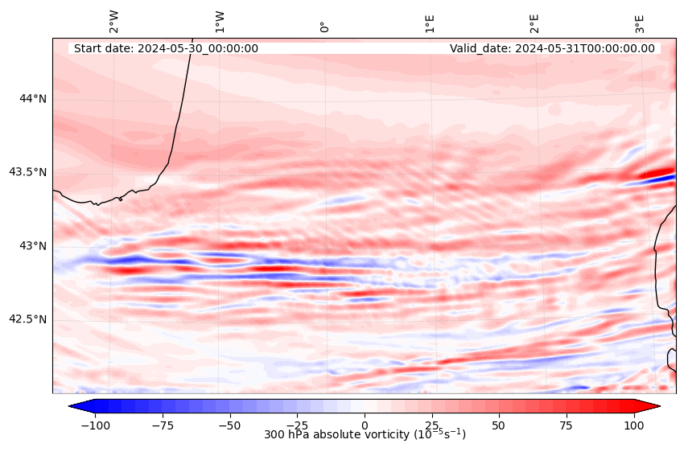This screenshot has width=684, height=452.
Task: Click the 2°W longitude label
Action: click(x=113, y=22)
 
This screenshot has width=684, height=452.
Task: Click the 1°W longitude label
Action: click(x=219, y=22)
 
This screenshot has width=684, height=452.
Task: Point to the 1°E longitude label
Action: click(x=430, y=23)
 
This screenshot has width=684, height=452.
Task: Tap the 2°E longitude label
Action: click(x=534, y=23)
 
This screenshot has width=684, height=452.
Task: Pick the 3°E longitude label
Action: click(x=640, y=23)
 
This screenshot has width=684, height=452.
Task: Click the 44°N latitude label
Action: click(x=33, y=98)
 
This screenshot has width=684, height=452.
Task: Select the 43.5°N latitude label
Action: click(x=27, y=172)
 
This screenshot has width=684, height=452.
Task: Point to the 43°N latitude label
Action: click(x=33, y=245)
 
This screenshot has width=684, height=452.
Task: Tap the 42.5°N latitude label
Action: click(x=27, y=319)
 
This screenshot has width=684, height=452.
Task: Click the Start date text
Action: click(x=166, y=48)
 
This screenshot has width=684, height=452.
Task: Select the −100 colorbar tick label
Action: click(x=94, y=424)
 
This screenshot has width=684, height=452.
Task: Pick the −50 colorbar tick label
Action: click(x=229, y=424)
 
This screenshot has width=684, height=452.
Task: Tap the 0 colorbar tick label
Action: click(x=365, y=424)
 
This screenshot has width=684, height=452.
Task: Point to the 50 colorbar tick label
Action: click(x=499, y=424)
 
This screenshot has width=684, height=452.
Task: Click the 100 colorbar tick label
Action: click(x=634, y=424)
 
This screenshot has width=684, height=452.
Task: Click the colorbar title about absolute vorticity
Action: click(x=365, y=434)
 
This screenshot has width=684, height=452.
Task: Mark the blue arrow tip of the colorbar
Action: click(x=72, y=406)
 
